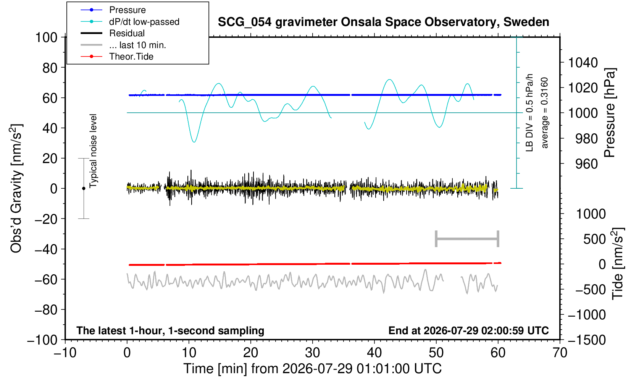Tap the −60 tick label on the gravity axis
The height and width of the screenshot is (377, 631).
[46, 280]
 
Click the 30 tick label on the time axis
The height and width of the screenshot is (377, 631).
[312, 353]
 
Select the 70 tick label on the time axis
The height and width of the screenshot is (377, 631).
[560, 353]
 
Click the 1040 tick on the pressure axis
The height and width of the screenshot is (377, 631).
[583, 63]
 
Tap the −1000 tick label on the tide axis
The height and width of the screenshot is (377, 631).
[587, 315]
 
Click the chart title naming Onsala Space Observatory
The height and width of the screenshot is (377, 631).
[383, 22]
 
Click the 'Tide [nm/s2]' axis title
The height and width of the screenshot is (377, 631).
[618, 264]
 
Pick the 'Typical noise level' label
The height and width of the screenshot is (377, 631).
[93, 151]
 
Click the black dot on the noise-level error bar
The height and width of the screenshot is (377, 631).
[84, 188]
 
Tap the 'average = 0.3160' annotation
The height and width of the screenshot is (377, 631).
[544, 113]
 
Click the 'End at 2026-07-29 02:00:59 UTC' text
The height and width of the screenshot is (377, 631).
[468, 330]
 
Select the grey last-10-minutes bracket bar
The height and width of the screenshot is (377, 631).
[467, 239]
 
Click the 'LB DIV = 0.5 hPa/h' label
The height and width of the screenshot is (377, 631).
[529, 113]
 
